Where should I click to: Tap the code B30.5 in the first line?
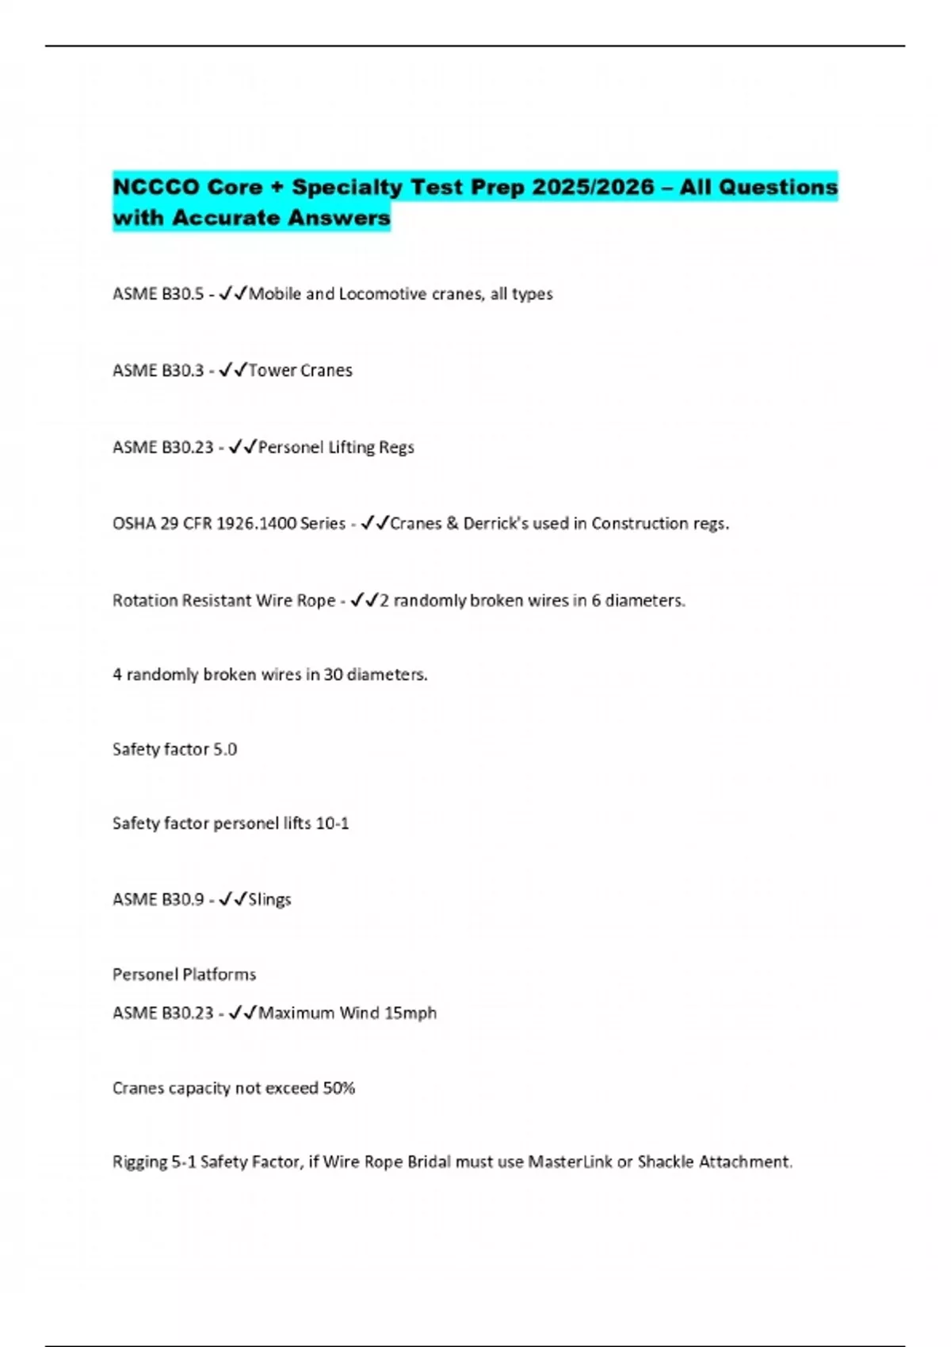pos(182,294)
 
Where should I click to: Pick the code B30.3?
pos(182,370)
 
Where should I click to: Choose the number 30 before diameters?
pos(333,674)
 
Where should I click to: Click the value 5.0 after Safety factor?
pos(225,750)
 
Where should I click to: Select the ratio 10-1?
pos(332,823)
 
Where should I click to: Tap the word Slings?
pos(269,899)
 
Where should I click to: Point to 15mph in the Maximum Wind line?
pos(410,1013)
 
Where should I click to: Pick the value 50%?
pos(338,1088)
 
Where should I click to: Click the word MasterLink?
pos(570,1162)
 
